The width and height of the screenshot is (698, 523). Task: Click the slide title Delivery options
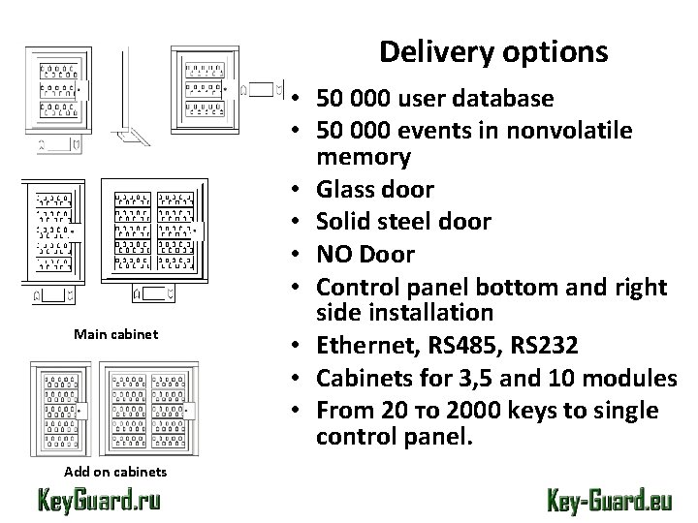(493, 51)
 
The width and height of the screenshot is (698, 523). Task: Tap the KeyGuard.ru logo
(99, 500)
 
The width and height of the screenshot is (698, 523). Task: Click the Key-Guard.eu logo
(607, 500)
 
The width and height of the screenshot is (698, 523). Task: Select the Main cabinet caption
(115, 334)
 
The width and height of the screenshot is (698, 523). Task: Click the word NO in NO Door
(335, 254)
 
